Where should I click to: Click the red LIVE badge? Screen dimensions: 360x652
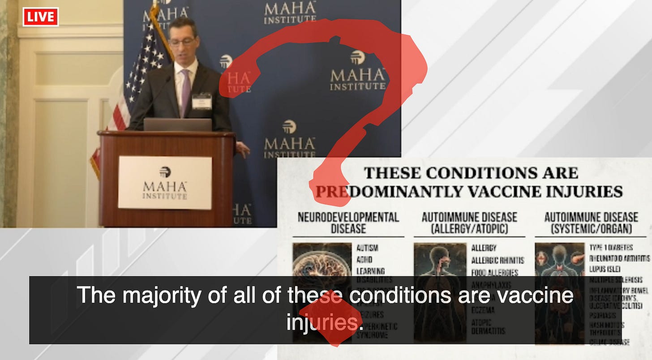coord(41,17)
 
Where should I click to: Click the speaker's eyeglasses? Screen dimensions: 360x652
coord(182,42)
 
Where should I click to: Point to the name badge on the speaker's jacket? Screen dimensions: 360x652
coord(202,101)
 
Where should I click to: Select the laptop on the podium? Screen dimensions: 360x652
coord(178,124)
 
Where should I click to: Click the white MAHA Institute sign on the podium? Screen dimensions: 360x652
coord(165,183)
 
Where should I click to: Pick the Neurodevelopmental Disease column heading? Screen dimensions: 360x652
coord(348,223)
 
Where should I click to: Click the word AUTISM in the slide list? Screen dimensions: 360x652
coord(367,248)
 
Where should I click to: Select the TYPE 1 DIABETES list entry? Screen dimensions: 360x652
coord(611,248)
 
